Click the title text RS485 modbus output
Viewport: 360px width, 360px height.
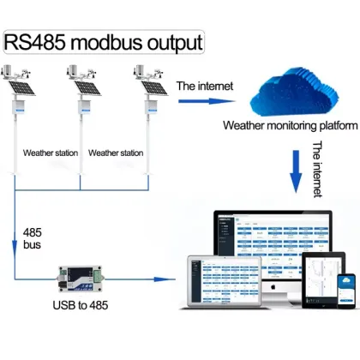(105, 42)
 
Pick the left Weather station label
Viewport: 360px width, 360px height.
(51, 153)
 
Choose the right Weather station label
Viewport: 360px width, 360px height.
(116, 153)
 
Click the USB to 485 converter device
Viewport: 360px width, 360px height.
(81, 279)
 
